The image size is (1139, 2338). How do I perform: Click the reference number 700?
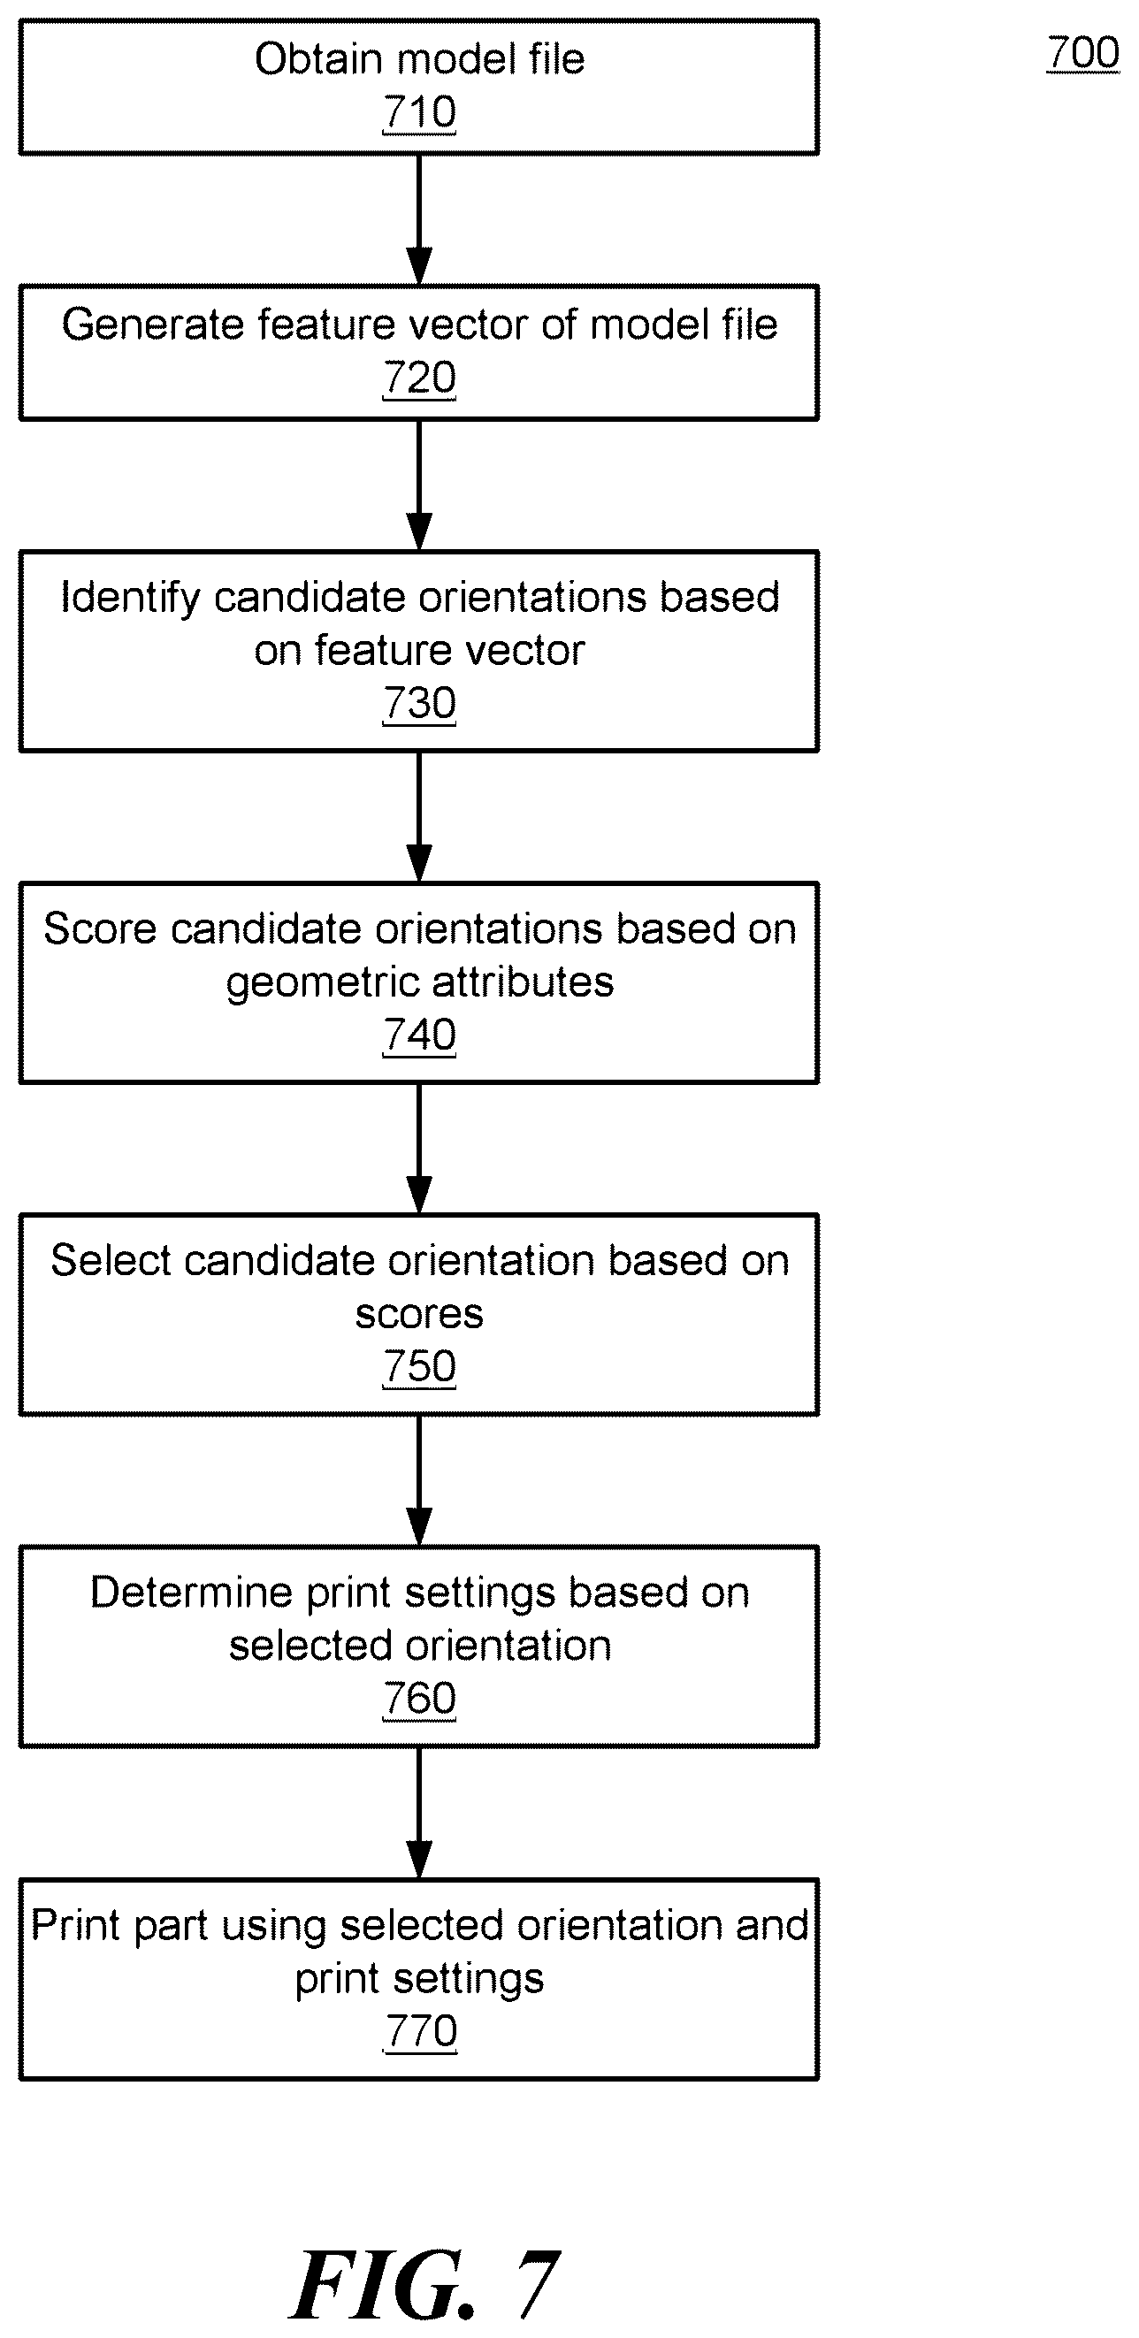coord(1082,53)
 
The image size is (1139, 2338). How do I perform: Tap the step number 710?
coord(419,112)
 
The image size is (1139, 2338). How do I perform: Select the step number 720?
coord(419,378)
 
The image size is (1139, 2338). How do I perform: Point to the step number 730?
coord(419,703)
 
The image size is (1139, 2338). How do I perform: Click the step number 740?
coord(419,1035)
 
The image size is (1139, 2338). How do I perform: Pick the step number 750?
coord(419,1367)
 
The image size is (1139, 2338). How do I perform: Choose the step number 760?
coord(419,1698)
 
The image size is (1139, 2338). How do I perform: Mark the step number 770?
coord(420,2030)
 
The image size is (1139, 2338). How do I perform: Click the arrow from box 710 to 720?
coord(419,219)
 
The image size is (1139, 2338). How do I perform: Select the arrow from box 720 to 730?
coord(419,485)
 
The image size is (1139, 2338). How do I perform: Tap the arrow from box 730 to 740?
coord(419,817)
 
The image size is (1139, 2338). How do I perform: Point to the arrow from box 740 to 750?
coord(419,1148)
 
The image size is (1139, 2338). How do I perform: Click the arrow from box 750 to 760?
coord(419,1480)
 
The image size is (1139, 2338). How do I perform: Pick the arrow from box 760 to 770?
coord(419,1813)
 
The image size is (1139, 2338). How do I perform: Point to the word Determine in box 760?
coord(192,1593)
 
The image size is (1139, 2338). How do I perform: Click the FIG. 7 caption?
coord(424,2285)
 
